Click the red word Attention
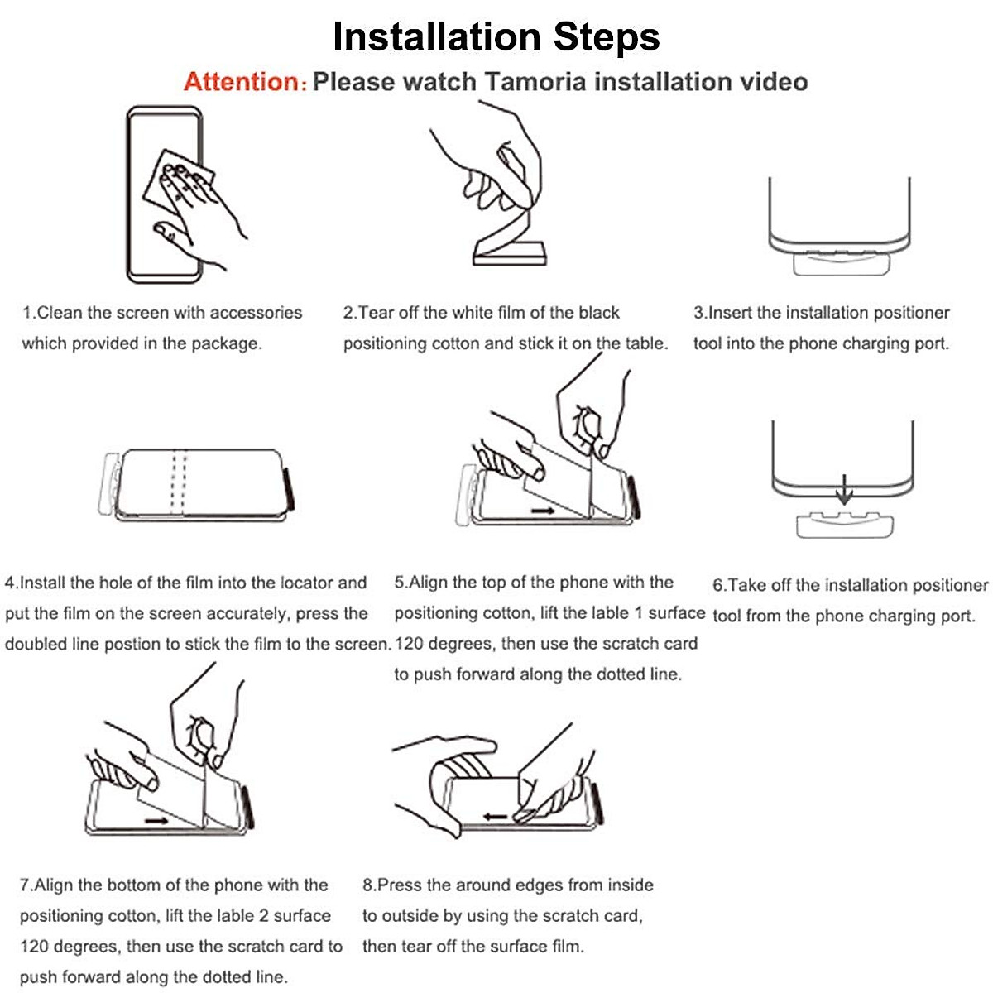[242, 82]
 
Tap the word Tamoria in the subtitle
[535, 82]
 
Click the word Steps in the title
[607, 37]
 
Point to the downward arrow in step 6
[843, 490]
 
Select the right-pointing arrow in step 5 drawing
[543, 511]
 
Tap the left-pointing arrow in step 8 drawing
[496, 817]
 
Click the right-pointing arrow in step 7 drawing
[156, 821]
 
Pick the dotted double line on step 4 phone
[179, 482]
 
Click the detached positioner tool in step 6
[845, 525]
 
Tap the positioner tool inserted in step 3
[841, 263]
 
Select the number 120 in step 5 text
[409, 644]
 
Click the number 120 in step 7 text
[35, 947]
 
